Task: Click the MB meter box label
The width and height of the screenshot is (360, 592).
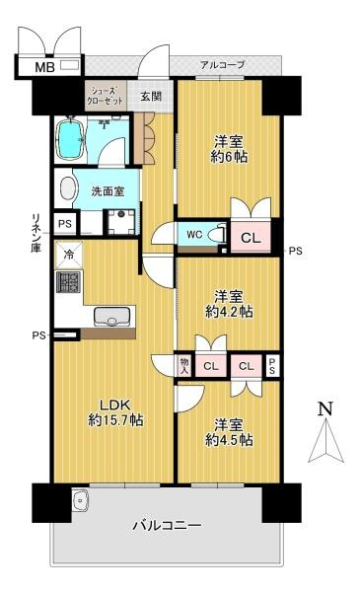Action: [45, 67]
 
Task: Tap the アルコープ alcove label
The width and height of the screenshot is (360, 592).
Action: [223, 65]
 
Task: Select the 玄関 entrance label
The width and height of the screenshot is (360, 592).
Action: [151, 96]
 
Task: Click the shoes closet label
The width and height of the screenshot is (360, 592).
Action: [106, 96]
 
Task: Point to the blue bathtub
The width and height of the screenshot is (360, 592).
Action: [71, 139]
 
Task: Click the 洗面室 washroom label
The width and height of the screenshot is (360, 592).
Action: [108, 191]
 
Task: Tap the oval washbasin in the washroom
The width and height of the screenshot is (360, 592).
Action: [68, 188]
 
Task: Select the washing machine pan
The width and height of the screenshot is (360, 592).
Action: [121, 221]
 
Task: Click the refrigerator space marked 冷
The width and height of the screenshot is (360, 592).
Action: [69, 255]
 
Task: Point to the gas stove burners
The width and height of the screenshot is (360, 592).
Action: [68, 282]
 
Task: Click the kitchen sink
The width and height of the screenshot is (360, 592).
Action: [112, 317]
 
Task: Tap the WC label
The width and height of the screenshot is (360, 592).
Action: [194, 235]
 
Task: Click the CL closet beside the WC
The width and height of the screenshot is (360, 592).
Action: [251, 238]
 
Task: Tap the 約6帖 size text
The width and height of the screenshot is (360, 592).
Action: [230, 156]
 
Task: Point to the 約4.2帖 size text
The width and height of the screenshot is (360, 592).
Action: [229, 312]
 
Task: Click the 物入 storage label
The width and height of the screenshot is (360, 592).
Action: [184, 365]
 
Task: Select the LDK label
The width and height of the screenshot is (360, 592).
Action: [114, 406]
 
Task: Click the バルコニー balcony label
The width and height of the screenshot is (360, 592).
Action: [167, 526]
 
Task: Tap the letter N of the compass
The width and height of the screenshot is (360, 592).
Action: [325, 408]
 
